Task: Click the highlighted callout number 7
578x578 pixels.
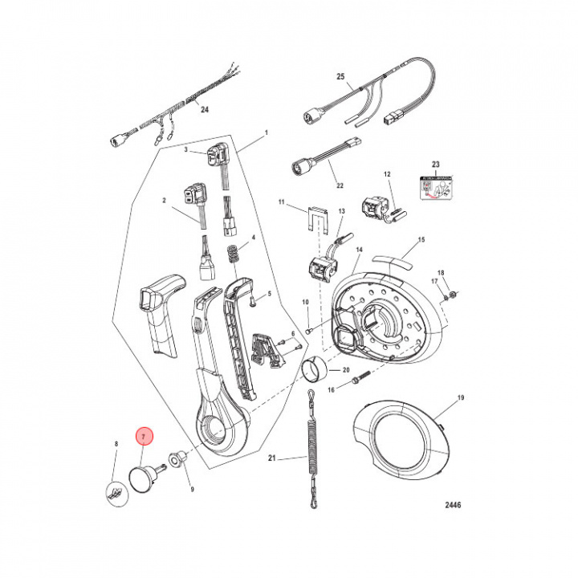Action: coord(144,437)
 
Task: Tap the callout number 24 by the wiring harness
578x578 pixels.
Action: coord(203,110)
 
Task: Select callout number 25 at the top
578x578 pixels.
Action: coord(340,76)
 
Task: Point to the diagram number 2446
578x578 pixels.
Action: coord(451,507)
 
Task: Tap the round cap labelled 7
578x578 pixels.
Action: coord(143,478)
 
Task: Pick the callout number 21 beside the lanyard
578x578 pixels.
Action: coord(272,459)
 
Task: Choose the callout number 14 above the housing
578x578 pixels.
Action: coord(360,250)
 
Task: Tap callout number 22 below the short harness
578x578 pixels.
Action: coord(340,185)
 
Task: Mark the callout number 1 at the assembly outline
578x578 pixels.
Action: coord(266,132)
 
